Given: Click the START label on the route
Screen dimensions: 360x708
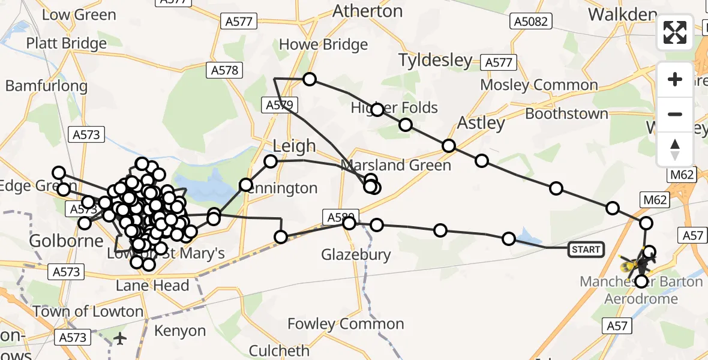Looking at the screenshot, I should [586, 250].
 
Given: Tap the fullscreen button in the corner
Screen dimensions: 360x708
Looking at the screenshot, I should [675, 32].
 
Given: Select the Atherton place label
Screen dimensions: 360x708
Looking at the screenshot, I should [367, 11].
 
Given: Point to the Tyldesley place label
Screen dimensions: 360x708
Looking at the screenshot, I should [436, 61].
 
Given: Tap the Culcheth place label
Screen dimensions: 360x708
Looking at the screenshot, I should [279, 350].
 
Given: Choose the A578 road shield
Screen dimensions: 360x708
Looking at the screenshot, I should [225, 70].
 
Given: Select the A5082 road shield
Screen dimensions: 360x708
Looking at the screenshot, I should [530, 22].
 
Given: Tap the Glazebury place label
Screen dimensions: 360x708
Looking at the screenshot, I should [356, 254].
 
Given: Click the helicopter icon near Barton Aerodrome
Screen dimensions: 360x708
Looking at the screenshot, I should [640, 263].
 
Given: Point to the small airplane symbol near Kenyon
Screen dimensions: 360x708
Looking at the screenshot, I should [121, 338].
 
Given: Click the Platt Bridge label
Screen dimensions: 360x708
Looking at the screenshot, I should [66, 43].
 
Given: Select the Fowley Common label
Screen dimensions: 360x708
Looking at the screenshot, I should [346, 324].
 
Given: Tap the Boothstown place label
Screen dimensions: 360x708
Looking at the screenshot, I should [566, 113].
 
